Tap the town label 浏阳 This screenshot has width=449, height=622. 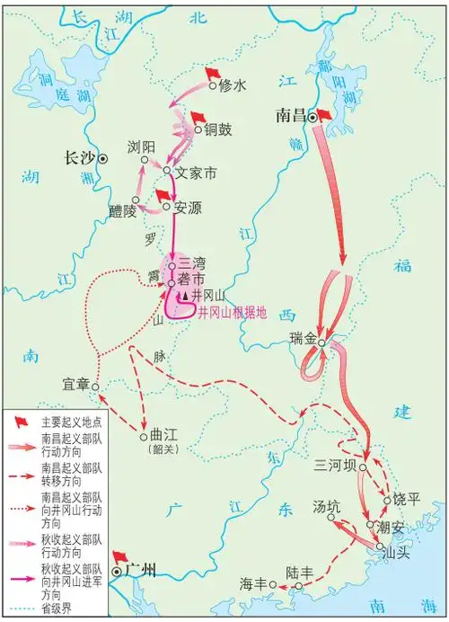coord(141,147)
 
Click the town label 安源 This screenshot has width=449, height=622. coord(188,208)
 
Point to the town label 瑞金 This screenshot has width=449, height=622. coord(304,339)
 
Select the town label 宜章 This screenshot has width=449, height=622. coord(76,385)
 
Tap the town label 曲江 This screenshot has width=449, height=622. coord(164,437)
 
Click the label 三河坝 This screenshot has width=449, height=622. coord(335,466)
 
